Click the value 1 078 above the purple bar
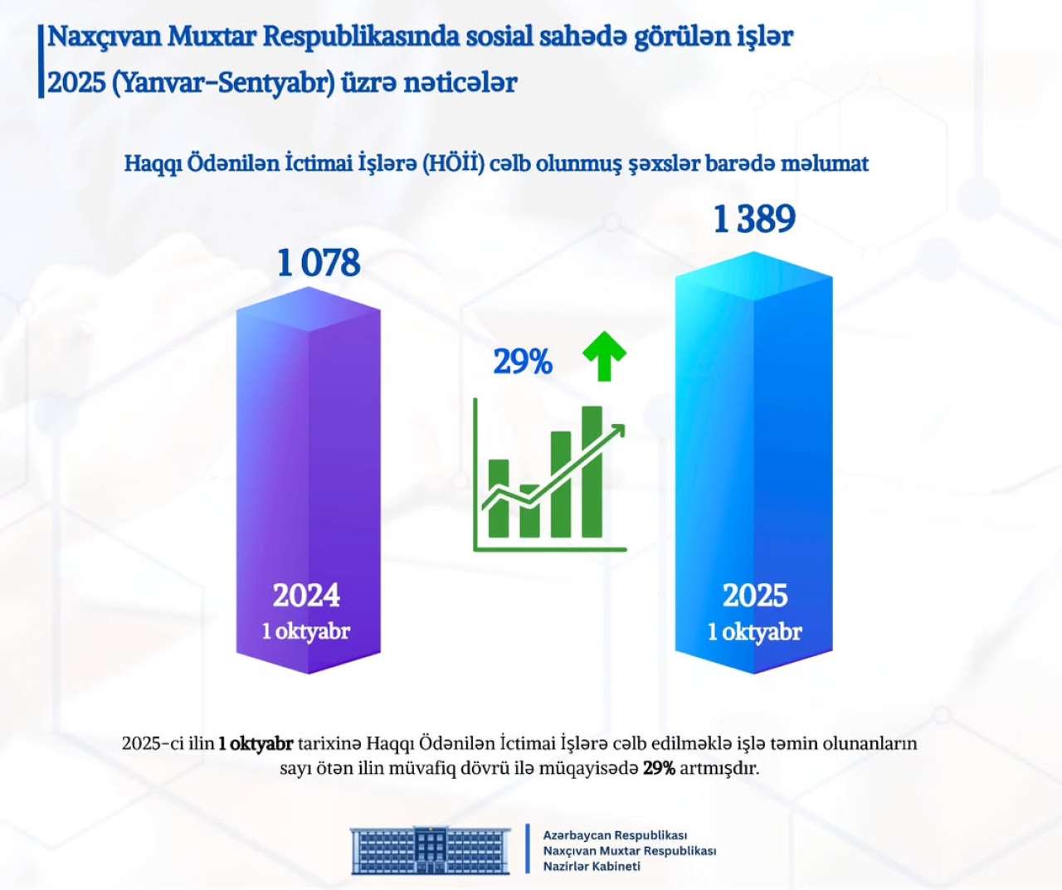tap(319, 263)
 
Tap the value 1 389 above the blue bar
tap(754, 219)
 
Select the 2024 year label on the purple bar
tap(306, 596)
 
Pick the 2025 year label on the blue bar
tap(754, 596)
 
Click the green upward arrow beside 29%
tap(604, 355)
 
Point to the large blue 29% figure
tap(523, 362)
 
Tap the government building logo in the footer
tap(430, 849)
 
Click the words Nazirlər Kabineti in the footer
tap(592, 867)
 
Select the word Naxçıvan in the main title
tap(104, 36)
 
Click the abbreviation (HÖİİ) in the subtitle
tap(452, 163)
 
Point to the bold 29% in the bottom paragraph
tap(659, 768)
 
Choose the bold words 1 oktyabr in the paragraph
tap(256, 743)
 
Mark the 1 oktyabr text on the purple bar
tap(306, 631)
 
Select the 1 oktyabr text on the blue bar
tap(754, 632)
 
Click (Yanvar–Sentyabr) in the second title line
tap(223, 83)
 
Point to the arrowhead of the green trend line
tap(617, 430)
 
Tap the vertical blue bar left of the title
tap(41, 61)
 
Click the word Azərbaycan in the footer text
tap(577, 835)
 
